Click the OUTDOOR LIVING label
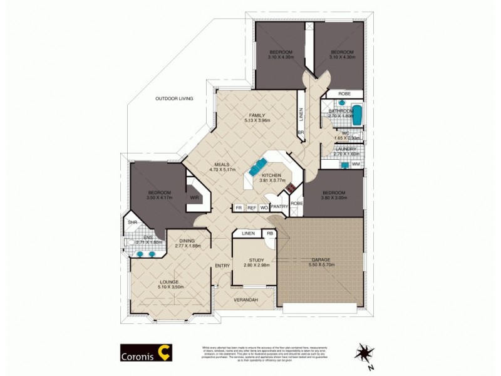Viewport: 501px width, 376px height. coord(174,99)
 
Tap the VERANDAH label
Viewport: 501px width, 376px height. coord(245,300)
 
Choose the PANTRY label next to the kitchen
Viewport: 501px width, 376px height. coord(279,207)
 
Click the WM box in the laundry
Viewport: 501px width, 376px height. coord(356,164)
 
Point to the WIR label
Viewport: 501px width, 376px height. coord(194,197)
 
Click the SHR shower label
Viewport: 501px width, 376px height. coord(132,222)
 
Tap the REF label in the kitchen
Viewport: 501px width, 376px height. coord(251,207)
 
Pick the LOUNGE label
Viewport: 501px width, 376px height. coord(169,283)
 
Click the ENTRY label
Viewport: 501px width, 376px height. coord(222,266)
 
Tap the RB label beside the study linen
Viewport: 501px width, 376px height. coord(269,234)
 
